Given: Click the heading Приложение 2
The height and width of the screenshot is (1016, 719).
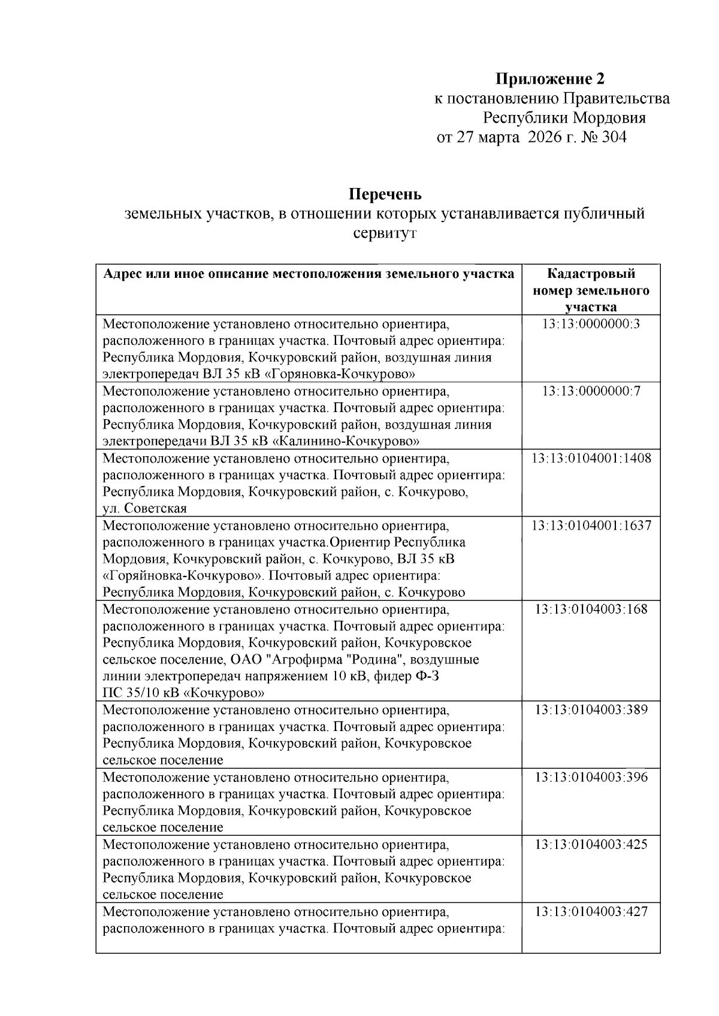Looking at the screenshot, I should pyautogui.click(x=549, y=79).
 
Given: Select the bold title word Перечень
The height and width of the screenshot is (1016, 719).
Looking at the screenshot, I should pyautogui.click(x=385, y=195).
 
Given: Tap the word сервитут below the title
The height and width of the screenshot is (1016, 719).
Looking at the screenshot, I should pyautogui.click(x=385, y=233).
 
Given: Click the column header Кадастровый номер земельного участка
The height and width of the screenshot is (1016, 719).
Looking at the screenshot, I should pyautogui.click(x=591, y=290).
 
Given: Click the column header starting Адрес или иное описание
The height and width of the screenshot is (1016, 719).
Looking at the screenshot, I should pyautogui.click(x=309, y=274).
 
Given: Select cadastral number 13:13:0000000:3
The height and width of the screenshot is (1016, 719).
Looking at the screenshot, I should pyautogui.click(x=591, y=324).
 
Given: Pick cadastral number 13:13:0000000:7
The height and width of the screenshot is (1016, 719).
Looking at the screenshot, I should pyautogui.click(x=591, y=392).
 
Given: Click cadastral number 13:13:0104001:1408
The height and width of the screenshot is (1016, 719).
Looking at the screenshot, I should pyautogui.click(x=591, y=459).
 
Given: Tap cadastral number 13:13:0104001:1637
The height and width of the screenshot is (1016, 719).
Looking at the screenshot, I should pyautogui.click(x=591, y=526).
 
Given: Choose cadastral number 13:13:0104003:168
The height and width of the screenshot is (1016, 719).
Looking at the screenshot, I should pyautogui.click(x=591, y=609).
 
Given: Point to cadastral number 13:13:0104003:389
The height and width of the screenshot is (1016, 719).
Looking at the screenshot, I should pyautogui.click(x=591, y=710).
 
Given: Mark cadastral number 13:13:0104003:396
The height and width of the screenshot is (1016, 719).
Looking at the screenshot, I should pyautogui.click(x=591, y=777).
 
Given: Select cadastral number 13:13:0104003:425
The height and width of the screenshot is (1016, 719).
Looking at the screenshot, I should pyautogui.click(x=591, y=844).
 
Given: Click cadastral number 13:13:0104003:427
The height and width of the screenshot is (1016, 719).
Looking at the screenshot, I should pyautogui.click(x=591, y=912).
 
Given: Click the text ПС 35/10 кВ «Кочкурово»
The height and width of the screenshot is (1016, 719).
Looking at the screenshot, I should pyautogui.click(x=184, y=693).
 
